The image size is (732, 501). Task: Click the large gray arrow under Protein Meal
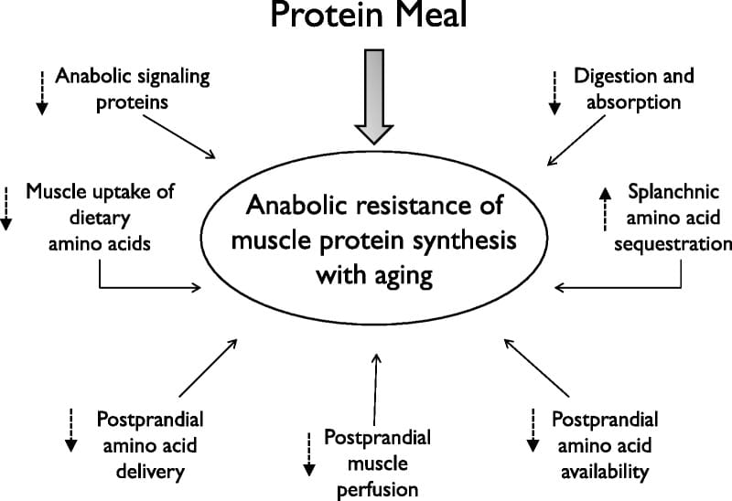coord(374,97)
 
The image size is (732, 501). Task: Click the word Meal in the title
coord(430,14)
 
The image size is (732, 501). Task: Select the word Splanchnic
coord(673,192)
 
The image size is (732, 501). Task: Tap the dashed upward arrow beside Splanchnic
coord(606,209)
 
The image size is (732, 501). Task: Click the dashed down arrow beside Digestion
coord(554,93)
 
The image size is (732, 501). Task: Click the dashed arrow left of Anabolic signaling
coord(42,93)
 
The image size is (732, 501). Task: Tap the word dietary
coord(100,219)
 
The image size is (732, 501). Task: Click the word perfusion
coord(377,490)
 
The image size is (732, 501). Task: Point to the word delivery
coord(150,472)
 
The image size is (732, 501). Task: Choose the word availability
coord(605,472)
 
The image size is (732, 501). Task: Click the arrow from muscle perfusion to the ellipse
coord(375,389)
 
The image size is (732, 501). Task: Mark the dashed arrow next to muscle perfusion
coord(309,454)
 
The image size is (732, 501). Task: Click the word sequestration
coord(673,244)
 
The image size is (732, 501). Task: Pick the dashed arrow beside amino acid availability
coord(533,430)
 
